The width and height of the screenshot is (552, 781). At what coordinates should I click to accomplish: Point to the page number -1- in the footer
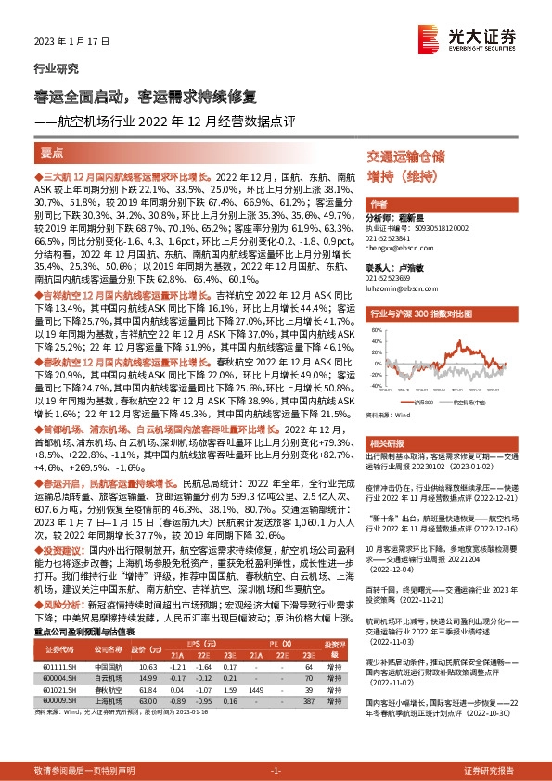click(x=276, y=771)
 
